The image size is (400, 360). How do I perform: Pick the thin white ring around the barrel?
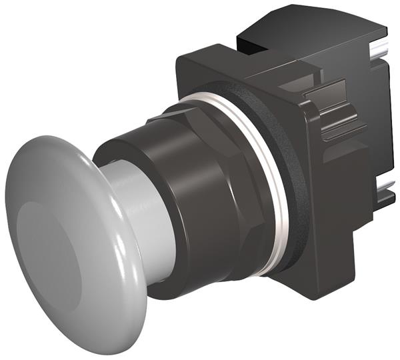coord(267,173)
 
